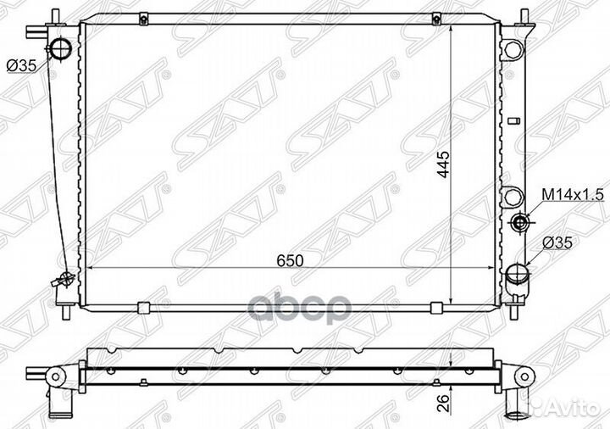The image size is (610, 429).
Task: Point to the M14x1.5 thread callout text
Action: (572, 196)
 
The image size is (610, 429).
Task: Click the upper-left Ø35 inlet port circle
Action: (60, 50)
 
